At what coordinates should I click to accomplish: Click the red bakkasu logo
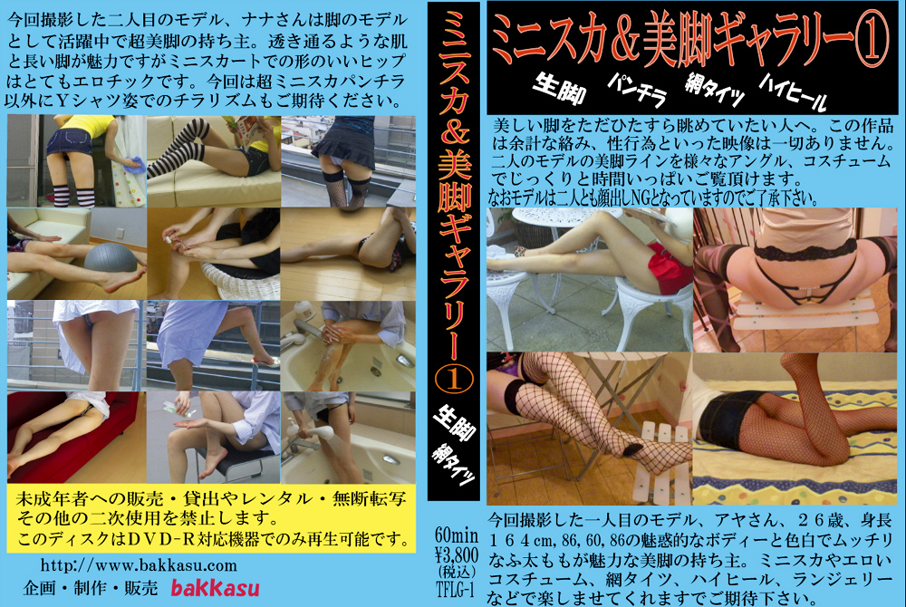215,588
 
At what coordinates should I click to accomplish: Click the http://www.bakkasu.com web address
139,564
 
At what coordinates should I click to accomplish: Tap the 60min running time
457,535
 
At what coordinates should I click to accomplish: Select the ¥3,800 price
457,555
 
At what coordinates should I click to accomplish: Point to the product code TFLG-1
456,591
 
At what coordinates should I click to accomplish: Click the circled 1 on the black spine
453,379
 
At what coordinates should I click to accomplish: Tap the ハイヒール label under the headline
793,92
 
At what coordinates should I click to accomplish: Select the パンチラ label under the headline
637,90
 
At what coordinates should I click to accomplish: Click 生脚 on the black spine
454,425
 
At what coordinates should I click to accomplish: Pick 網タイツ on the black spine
454,466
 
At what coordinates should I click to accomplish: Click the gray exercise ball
111,257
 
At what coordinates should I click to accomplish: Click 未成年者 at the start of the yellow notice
50,499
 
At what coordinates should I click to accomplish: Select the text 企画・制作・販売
91,588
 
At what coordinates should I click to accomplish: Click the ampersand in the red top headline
619,39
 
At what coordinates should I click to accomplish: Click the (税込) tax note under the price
457,573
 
